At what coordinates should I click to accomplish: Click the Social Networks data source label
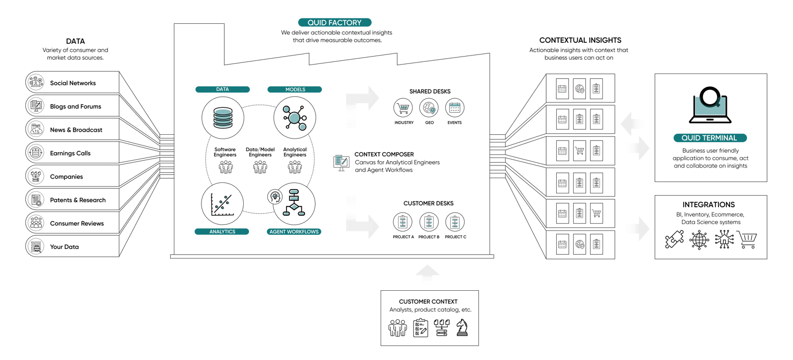click(x=73, y=83)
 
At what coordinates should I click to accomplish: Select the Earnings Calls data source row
click(x=70, y=153)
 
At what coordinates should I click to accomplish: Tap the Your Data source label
click(x=64, y=247)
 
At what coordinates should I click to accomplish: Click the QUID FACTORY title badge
click(x=335, y=23)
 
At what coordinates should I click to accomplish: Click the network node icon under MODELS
click(x=294, y=116)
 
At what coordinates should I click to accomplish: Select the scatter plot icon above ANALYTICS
click(x=222, y=205)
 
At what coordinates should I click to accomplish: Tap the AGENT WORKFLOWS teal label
click(x=294, y=232)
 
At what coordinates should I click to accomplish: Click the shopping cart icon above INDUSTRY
click(x=403, y=109)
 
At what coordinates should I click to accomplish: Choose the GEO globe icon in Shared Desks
click(x=429, y=109)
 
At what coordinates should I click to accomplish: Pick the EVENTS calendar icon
click(x=455, y=109)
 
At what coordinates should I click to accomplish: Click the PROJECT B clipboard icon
click(x=429, y=223)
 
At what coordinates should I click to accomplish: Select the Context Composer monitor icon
click(x=341, y=162)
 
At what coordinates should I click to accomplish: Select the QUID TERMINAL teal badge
click(x=710, y=138)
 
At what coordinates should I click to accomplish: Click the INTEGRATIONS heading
click(x=711, y=205)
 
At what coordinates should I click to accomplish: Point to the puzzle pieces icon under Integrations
click(x=675, y=240)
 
